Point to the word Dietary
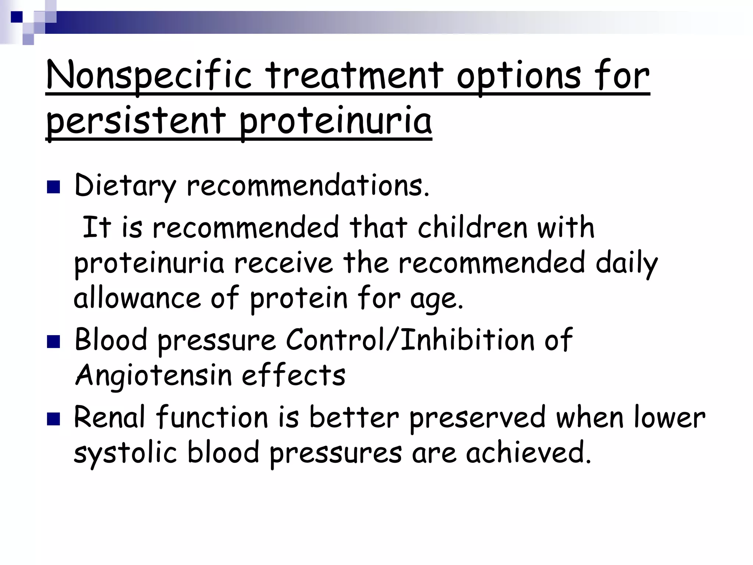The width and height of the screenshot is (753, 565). click(125, 186)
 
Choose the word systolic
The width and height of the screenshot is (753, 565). click(125, 452)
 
